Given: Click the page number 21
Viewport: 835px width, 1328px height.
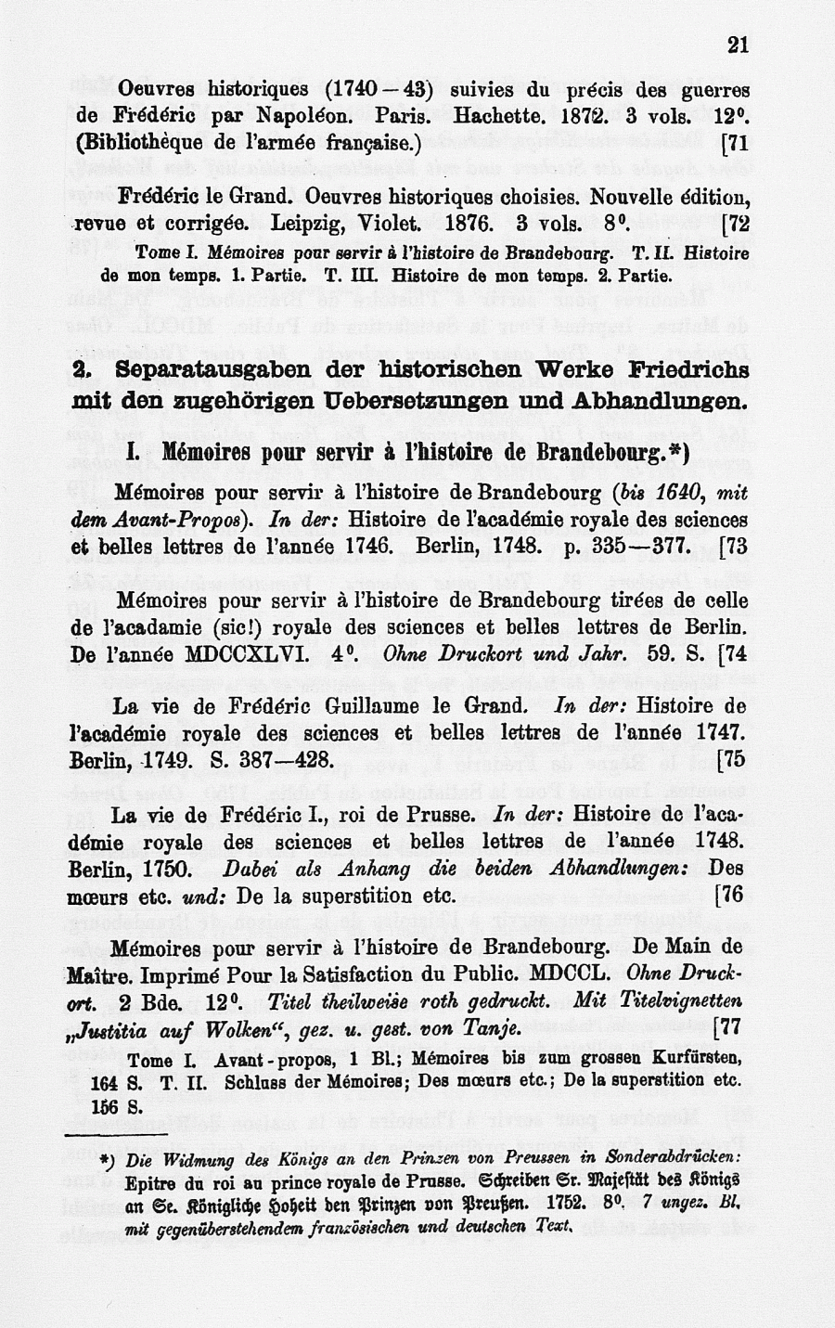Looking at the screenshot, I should pyautogui.click(x=738, y=45).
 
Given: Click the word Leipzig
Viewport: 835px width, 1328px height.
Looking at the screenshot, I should pyautogui.click(x=310, y=225).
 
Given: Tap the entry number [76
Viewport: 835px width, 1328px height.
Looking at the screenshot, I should pyautogui.click(x=732, y=896).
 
